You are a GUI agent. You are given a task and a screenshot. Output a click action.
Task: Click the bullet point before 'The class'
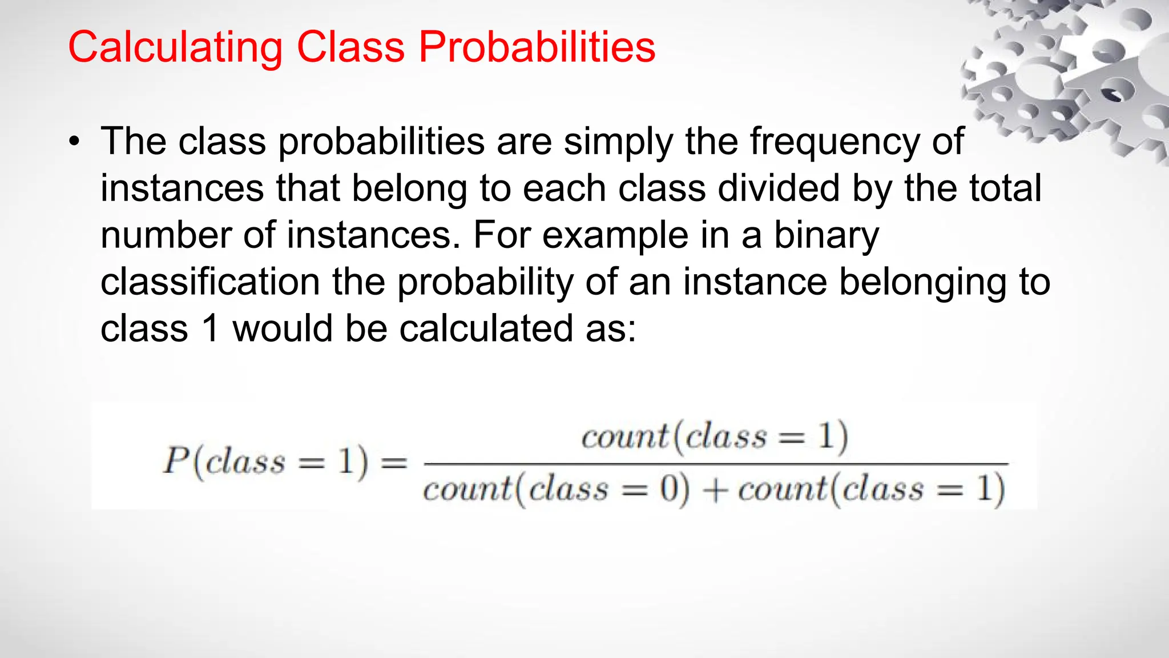coord(74,142)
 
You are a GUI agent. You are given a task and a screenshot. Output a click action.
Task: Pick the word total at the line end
coord(1005,188)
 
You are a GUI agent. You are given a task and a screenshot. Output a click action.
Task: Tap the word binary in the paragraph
coord(826,236)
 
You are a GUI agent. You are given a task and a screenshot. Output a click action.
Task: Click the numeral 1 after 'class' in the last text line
coord(211,330)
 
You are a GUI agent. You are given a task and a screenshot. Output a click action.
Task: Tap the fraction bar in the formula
coord(716,464)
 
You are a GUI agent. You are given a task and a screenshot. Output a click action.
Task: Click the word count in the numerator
coord(624,438)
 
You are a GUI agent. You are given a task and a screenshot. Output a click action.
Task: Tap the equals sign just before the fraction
coord(394,462)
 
